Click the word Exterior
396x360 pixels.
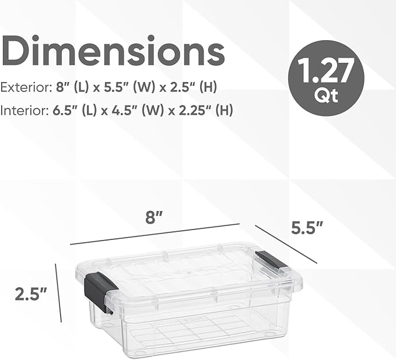[24, 87]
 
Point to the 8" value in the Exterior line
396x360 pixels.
[62, 87]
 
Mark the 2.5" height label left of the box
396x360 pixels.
[31, 294]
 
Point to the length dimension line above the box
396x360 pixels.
[155, 234]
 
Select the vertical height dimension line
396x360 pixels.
[58, 292]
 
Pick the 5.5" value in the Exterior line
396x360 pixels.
[122, 87]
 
